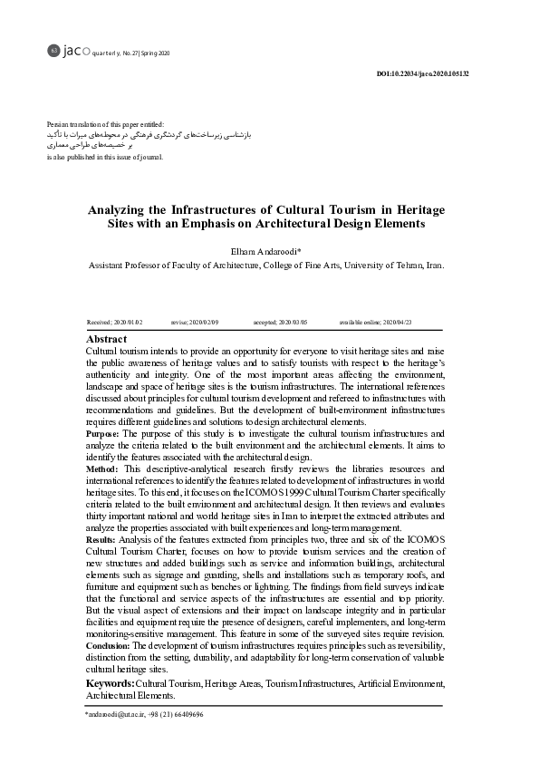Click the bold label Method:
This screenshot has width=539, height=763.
[101, 469]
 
